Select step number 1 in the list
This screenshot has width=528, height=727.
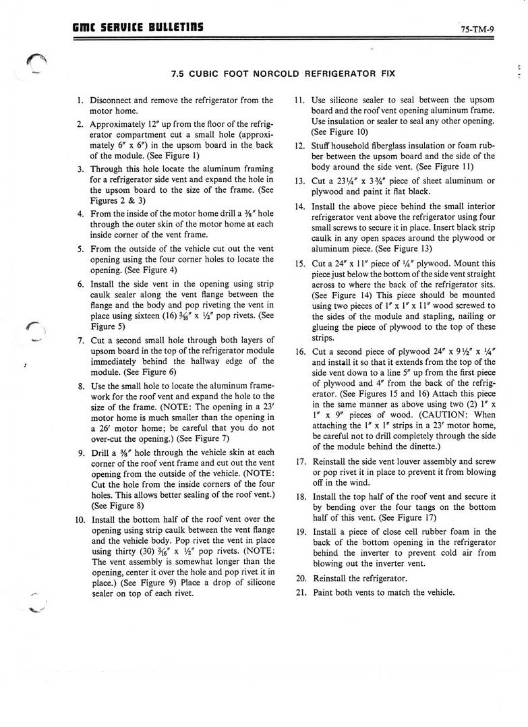coord(80,100)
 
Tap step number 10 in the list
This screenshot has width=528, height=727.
coord(78,519)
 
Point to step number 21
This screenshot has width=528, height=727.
coord(301,592)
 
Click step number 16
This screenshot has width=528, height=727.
coord(301,351)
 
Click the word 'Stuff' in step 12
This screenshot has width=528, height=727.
coord(322,145)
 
